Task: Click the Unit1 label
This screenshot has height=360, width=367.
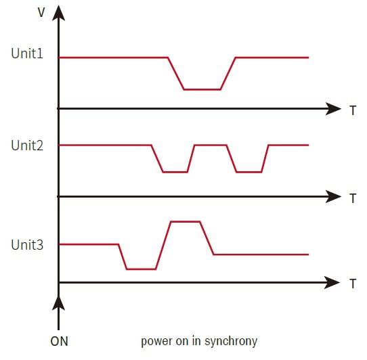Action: [27, 53]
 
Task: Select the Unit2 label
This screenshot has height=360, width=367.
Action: [27, 145]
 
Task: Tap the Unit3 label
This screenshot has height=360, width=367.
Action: [27, 245]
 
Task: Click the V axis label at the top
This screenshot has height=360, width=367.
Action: [41, 12]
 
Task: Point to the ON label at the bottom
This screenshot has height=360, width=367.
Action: [59, 341]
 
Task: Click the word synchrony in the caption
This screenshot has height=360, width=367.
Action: [231, 342]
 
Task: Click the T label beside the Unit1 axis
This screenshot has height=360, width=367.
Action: [353, 110]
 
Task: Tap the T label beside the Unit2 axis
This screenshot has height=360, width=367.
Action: [353, 198]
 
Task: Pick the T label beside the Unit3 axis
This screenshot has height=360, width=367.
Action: [353, 284]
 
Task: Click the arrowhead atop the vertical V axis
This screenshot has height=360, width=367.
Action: [58, 14]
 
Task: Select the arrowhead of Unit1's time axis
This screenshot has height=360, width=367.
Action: [333, 109]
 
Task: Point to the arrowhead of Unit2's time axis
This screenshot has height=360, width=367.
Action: [333, 197]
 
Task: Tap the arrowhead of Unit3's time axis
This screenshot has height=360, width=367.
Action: [332, 283]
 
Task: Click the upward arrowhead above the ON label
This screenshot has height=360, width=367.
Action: [58, 304]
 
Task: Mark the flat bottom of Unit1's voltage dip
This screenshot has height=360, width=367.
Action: [202, 89]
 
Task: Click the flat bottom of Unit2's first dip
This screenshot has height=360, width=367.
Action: [175, 172]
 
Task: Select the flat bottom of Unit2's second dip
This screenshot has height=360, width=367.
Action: [249, 172]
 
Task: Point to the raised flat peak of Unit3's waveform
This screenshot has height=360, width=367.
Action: [186, 221]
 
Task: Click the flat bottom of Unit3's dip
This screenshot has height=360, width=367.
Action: [141, 269]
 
